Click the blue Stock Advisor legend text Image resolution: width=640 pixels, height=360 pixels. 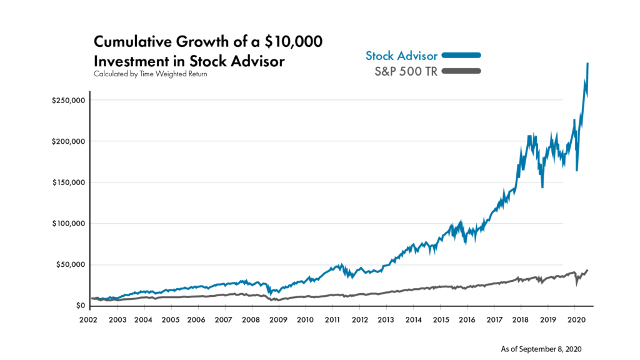(401, 56)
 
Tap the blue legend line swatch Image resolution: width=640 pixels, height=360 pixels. (461, 56)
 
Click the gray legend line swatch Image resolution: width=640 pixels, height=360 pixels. (461, 71)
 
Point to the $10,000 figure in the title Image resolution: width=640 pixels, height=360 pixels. (296, 42)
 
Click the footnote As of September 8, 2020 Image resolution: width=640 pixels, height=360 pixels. (541, 348)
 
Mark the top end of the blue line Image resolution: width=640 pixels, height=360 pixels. (588, 64)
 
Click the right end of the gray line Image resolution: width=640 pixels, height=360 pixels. (587, 270)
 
